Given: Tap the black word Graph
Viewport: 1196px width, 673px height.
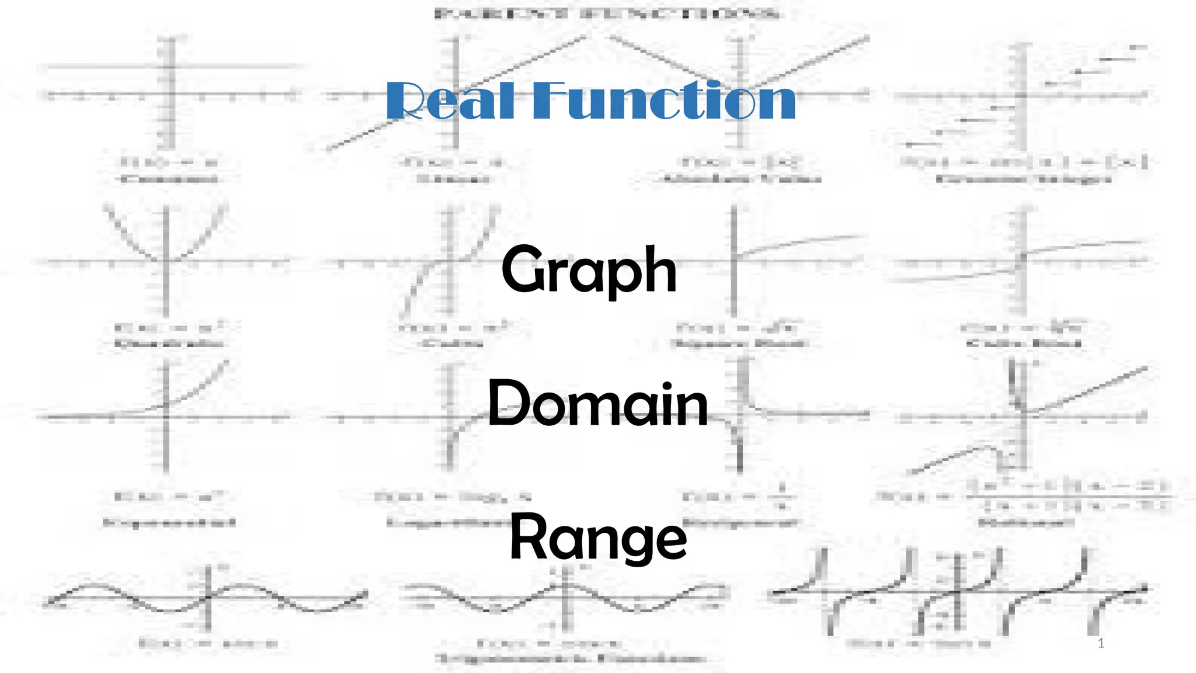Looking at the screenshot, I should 589,270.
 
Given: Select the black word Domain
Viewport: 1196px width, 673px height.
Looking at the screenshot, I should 597,404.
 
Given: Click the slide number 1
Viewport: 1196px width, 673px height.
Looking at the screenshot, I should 1101,643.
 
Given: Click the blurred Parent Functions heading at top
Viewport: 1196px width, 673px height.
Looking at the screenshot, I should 607,13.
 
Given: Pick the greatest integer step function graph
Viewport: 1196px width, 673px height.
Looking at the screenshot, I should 1022,96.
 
